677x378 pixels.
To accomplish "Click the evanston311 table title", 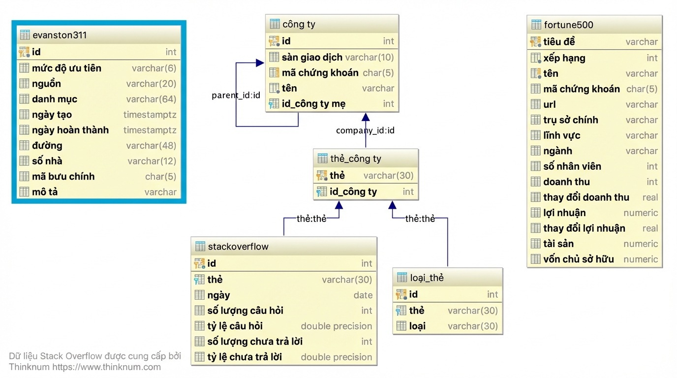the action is [60, 35].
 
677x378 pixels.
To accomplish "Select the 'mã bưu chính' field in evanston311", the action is [63, 176].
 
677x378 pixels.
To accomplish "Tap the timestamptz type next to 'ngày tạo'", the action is [150, 115].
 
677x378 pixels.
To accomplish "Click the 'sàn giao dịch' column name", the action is [312, 57].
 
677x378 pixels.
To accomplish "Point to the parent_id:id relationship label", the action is [236, 95].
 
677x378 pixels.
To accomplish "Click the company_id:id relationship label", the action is [365, 130].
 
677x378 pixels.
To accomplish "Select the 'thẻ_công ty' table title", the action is [355, 158].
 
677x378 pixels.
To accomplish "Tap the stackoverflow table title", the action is [238, 247].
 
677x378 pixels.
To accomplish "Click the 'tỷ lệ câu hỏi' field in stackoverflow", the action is [235, 326].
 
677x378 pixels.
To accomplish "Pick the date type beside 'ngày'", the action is [363, 295].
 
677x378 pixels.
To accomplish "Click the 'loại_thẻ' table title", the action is [427, 278].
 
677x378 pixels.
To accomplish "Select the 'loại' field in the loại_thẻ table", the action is [417, 326].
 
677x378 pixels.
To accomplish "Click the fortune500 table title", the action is [568, 25].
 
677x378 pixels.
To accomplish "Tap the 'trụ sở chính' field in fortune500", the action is [571, 120].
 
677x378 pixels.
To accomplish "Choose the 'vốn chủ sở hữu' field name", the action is [579, 259].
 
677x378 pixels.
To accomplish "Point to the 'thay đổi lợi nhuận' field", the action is [584, 228].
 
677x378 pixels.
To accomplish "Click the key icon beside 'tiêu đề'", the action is [536, 42].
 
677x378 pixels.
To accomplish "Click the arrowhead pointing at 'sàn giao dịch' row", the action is [260, 63].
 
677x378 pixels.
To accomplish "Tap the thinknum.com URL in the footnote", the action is [106, 367].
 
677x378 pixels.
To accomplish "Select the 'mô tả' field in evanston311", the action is [45, 192].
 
